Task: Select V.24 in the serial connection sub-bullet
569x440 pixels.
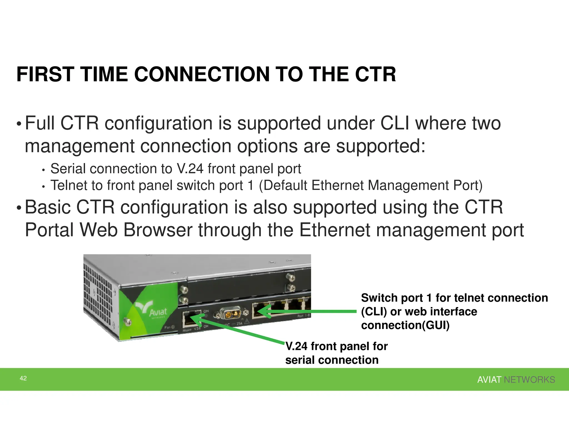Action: click(190, 169)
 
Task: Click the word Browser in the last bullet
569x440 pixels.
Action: click(158, 230)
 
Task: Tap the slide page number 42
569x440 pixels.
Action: click(23, 378)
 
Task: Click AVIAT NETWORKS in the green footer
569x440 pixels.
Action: click(516, 380)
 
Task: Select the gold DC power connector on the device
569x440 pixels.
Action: click(230, 314)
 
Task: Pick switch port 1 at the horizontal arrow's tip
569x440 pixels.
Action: click(260, 311)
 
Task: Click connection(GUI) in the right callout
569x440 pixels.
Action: click(405, 325)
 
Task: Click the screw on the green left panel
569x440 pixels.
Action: click(128, 322)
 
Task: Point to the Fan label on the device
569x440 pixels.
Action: click(168, 327)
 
